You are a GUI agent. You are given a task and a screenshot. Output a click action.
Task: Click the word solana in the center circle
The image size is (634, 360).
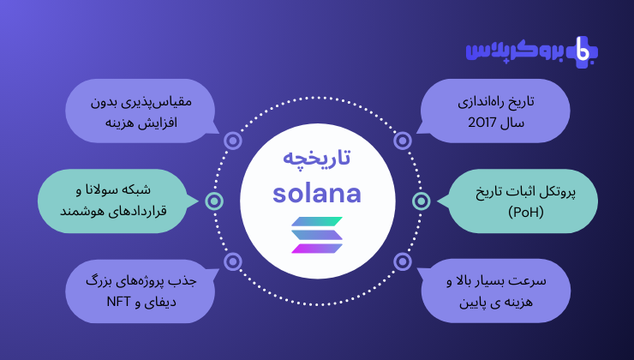point(317,194)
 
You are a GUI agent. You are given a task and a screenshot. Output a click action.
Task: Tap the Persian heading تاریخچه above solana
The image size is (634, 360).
point(317,158)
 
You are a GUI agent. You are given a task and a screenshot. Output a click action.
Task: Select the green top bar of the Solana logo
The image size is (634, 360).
point(317,221)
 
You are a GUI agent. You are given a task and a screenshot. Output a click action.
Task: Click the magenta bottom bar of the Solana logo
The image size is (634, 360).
point(317,249)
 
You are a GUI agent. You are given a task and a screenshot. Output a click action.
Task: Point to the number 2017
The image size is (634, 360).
point(481,123)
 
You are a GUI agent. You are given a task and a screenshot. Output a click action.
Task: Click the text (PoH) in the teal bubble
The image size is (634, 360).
point(526,212)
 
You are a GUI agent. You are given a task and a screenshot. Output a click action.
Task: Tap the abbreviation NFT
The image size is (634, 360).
point(118,302)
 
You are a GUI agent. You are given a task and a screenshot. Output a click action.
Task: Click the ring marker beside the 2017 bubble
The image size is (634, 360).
point(403,141)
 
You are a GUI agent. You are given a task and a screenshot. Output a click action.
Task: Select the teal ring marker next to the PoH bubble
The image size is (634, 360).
point(422,201)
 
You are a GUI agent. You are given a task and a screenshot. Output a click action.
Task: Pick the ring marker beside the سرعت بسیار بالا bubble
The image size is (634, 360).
point(403,261)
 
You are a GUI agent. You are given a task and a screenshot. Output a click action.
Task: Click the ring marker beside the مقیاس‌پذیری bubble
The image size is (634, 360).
point(233,141)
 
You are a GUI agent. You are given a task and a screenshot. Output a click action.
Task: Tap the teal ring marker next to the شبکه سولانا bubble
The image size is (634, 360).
point(214,201)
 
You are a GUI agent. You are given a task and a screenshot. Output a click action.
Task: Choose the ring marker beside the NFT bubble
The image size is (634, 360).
point(233,261)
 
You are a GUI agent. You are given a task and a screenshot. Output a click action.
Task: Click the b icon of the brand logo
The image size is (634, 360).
point(583,51)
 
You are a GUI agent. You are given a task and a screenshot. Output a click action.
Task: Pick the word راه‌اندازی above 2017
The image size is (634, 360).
point(481,102)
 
